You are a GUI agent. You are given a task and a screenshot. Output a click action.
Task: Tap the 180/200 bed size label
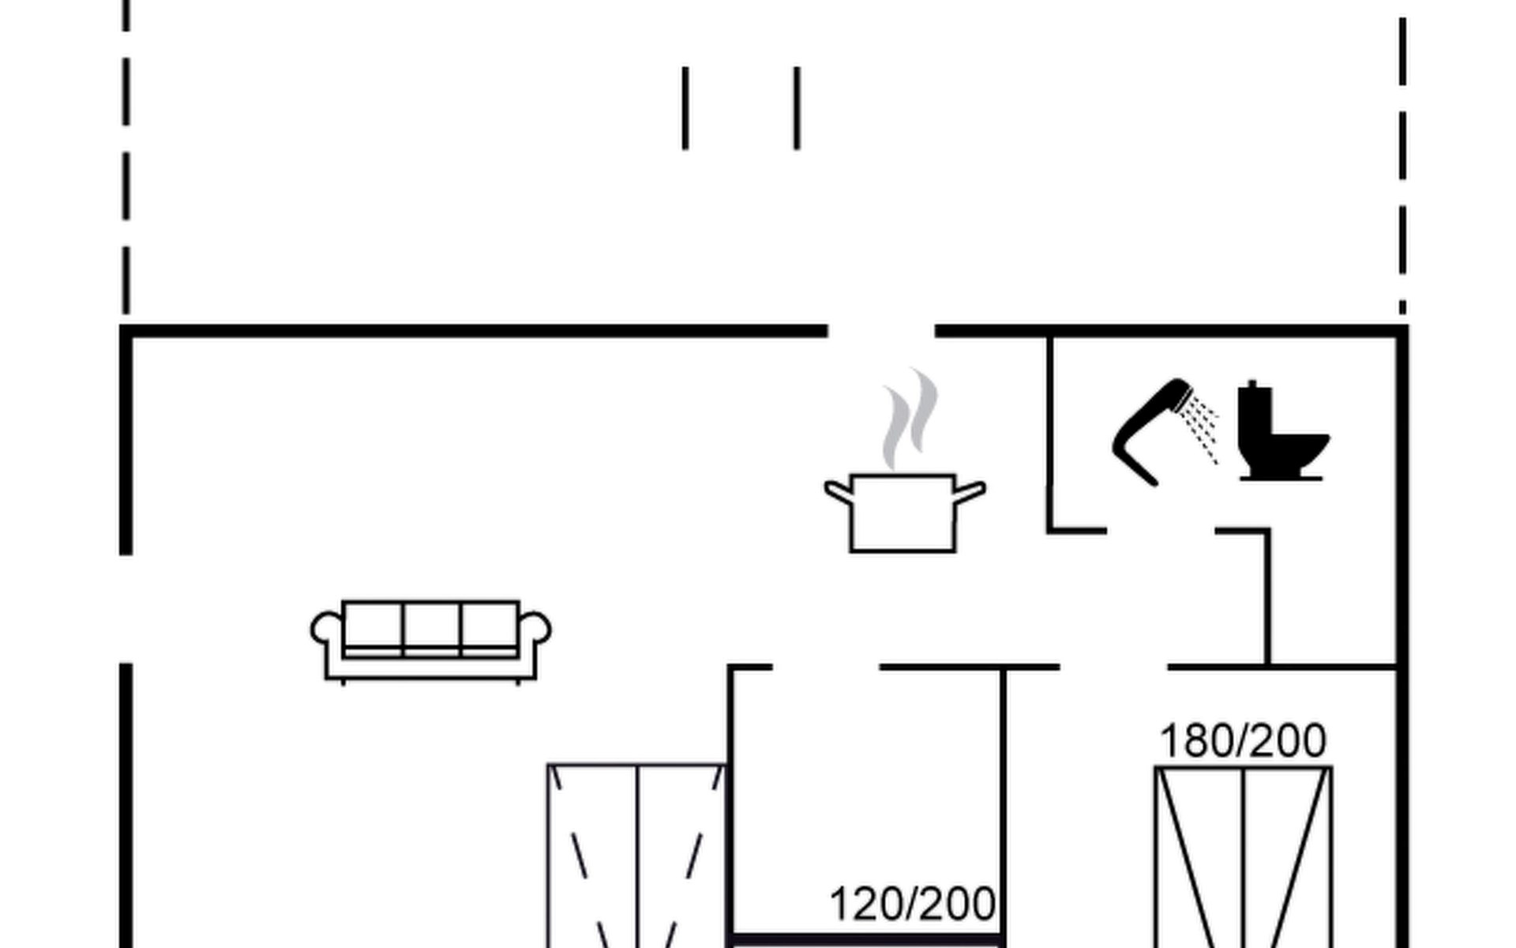point(1243,741)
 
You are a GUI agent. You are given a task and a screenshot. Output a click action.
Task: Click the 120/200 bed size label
point(912,905)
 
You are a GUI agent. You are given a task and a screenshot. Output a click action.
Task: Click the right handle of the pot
point(970,491)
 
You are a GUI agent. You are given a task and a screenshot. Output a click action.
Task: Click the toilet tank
point(1254,411)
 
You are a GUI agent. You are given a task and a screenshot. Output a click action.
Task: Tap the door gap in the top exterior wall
point(881,331)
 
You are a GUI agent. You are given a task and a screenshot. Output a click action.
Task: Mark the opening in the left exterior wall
point(126,608)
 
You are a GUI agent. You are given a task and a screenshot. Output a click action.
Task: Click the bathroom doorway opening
point(1161,531)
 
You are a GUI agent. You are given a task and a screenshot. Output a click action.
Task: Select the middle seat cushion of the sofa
point(431,628)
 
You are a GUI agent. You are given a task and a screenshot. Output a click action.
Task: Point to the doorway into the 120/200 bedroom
point(826,668)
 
